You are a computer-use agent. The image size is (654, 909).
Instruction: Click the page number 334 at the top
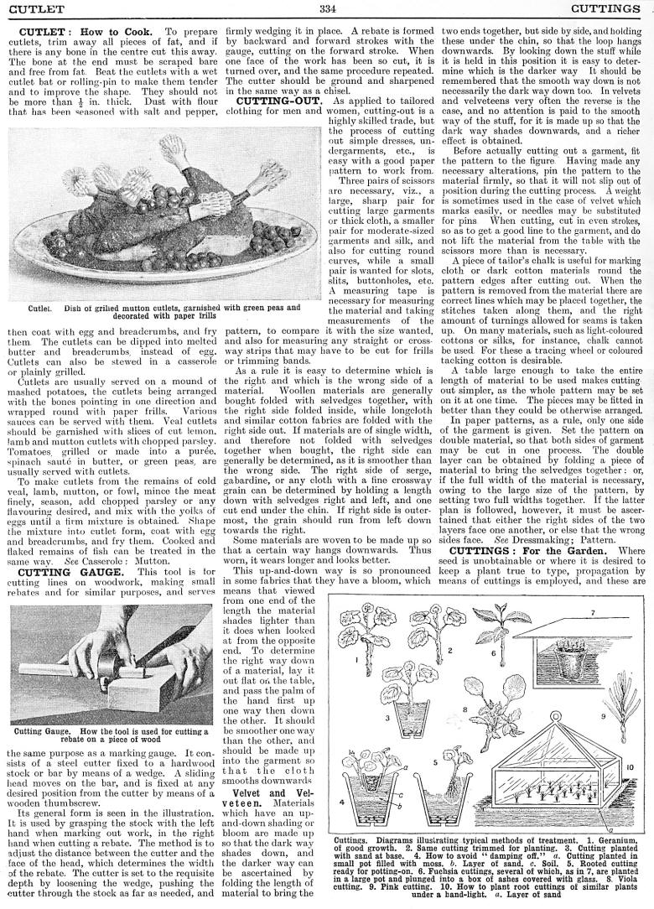click(327, 9)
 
